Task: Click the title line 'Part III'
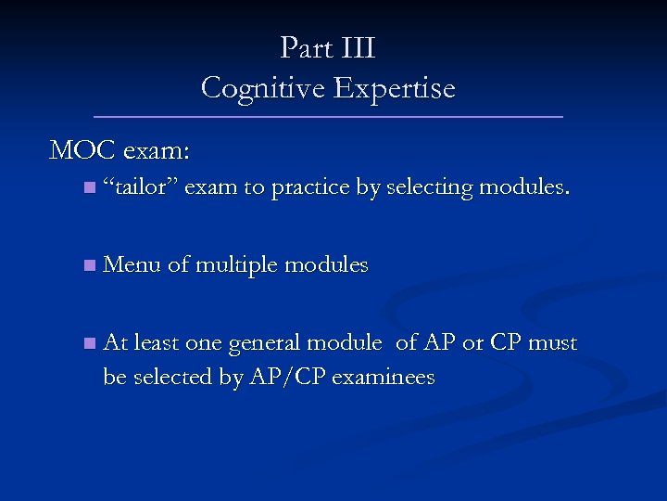pos(328,47)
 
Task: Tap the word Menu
pos(132,265)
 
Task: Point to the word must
pos(552,343)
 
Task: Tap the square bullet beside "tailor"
pos(87,188)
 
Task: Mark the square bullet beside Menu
pos(87,266)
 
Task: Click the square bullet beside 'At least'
pos(87,344)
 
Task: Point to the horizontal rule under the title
pos(328,117)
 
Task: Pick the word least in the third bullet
pos(157,343)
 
